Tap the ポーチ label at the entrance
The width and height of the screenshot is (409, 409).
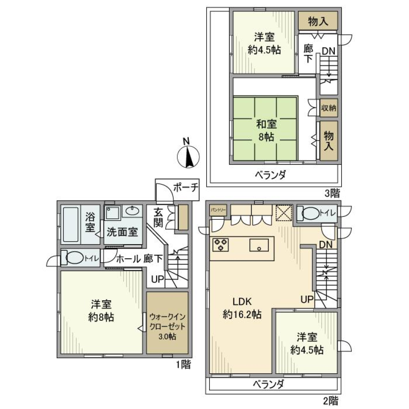click(186, 187)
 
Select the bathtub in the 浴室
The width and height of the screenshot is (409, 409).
click(71, 225)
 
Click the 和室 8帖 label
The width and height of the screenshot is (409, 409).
click(267, 130)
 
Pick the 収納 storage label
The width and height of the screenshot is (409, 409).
click(328, 108)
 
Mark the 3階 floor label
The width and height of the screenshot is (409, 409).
click(333, 193)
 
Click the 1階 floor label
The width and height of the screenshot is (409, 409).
click(183, 364)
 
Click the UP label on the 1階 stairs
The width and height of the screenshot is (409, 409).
click(158, 280)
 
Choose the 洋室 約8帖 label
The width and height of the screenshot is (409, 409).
click(101, 311)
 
